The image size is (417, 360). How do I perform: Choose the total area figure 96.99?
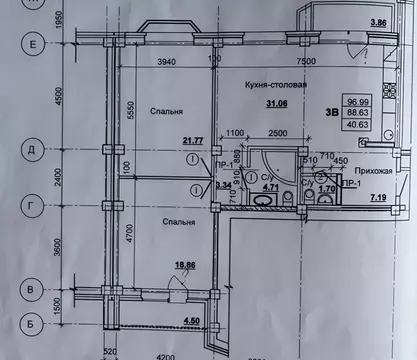pyautogui.click(x=384, y=102)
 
